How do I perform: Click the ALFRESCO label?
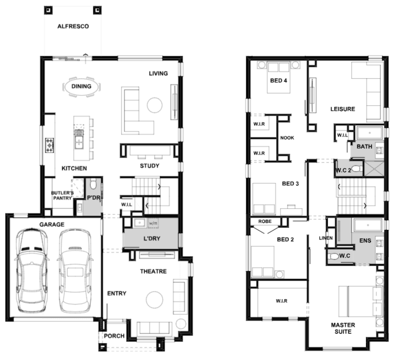73,26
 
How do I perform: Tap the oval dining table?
81,86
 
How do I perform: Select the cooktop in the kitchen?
50,145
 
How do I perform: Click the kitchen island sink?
79,139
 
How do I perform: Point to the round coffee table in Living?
155,105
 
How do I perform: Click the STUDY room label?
150,166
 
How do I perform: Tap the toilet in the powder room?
93,183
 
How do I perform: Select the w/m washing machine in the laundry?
153,223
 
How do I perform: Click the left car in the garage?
32,270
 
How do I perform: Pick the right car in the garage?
75,270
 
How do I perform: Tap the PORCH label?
114,336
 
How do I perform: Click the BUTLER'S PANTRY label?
63,195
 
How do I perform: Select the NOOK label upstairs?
287,138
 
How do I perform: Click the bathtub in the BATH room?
369,133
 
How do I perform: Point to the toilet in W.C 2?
357,169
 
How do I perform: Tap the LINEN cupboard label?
326,238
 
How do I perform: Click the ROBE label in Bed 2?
265,221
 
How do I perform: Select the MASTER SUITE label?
343,328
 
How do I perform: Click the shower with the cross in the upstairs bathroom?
374,168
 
